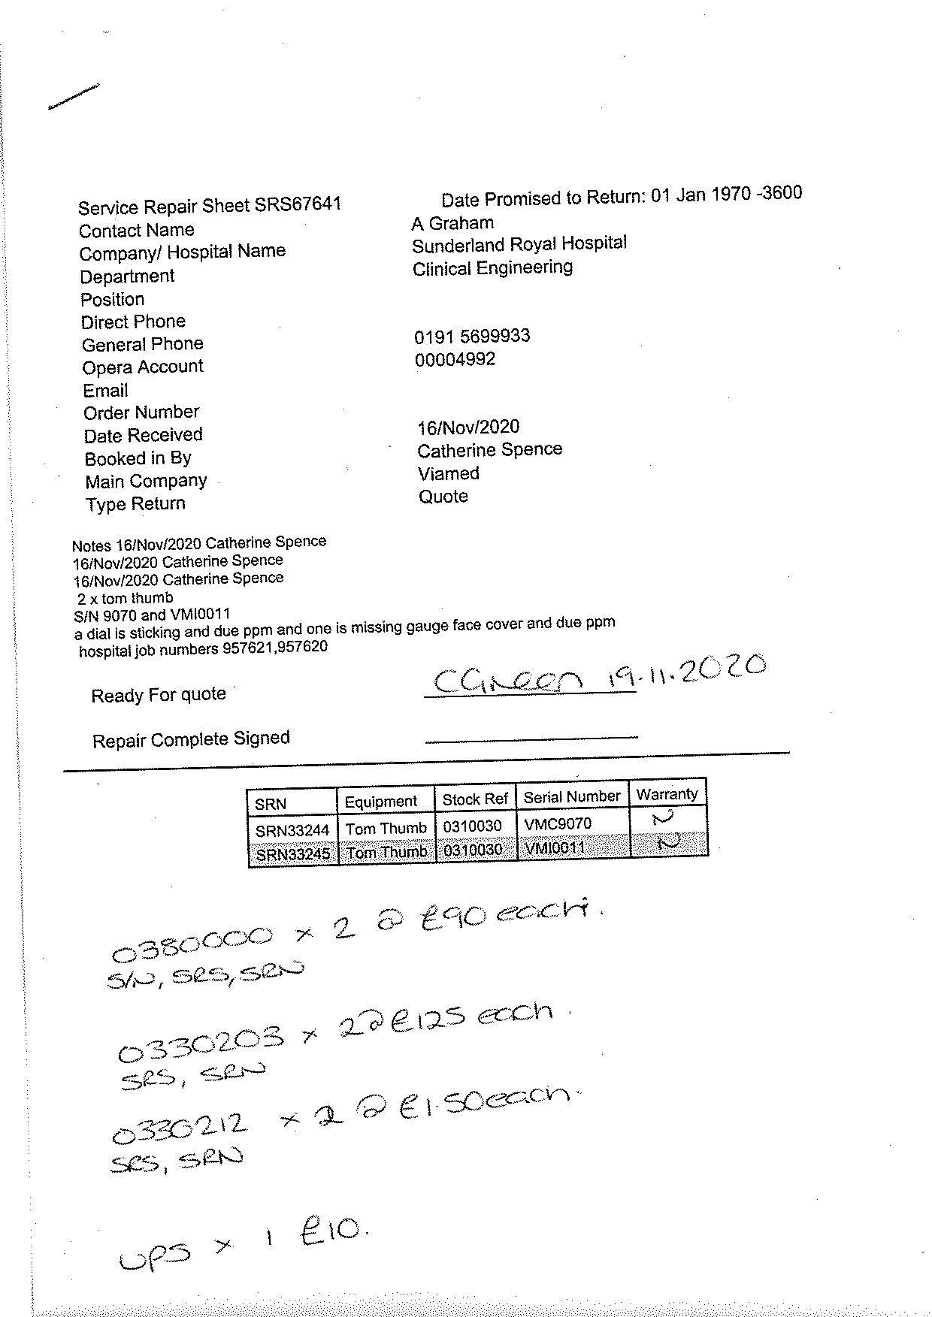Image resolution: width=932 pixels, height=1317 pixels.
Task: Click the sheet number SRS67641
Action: pos(298,204)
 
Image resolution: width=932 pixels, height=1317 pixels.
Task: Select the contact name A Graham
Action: pos(452,223)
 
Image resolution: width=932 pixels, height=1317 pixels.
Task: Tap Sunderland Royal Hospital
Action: pos(519,244)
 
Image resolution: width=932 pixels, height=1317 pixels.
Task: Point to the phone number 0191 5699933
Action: pos(472,336)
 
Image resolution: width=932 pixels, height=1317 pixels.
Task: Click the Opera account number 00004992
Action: pos(455,359)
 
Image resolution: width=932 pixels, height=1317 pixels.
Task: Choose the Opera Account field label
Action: pos(143,367)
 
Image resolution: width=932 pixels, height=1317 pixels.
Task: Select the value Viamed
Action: pos(449,473)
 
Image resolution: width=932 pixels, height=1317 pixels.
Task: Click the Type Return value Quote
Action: pos(443,497)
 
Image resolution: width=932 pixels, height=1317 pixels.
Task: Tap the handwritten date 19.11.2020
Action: pos(687,671)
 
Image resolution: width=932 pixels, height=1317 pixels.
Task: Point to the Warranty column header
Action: pos(667,794)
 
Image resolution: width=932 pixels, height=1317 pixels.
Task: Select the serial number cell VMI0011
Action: pos(555,849)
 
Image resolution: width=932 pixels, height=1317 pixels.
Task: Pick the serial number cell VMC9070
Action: pos(558,824)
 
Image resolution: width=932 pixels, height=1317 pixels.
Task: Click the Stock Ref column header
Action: pos(475,799)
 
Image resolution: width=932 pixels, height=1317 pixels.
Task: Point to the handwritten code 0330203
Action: pos(201,1044)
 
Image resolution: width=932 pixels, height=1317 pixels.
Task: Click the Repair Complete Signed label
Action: pos(191,740)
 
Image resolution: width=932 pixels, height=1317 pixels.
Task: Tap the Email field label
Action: pos(106,391)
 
